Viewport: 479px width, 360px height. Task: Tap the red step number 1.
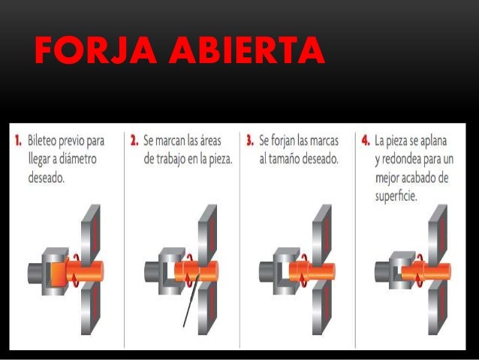tap(17, 141)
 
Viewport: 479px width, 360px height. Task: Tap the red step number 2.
tap(134, 141)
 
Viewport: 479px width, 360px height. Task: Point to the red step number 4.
tap(366, 141)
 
